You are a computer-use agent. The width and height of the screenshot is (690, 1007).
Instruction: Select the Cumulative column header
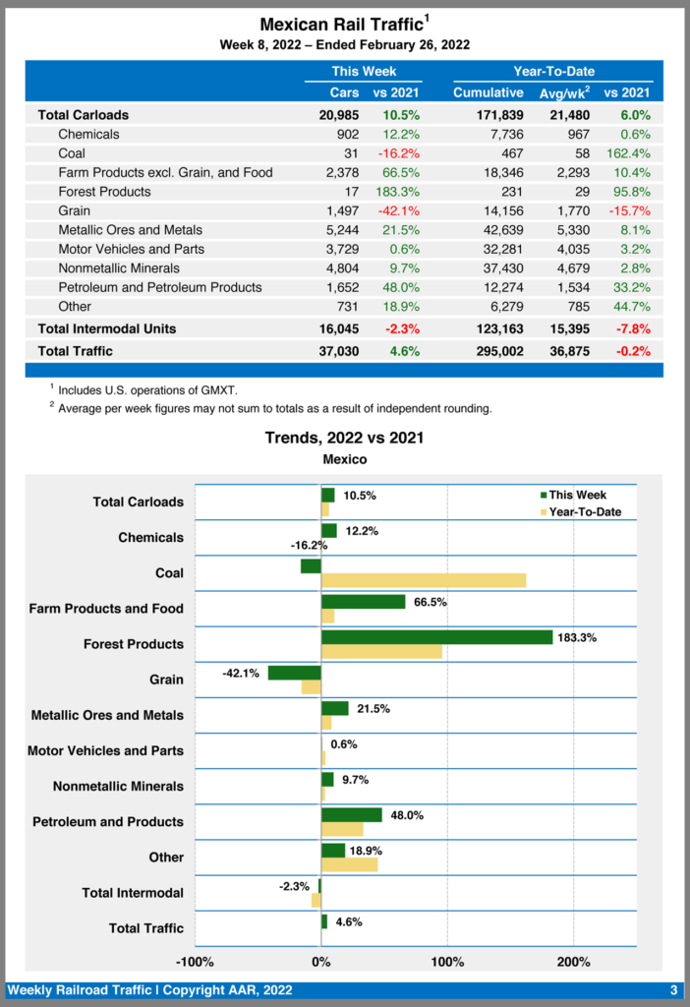pyautogui.click(x=488, y=92)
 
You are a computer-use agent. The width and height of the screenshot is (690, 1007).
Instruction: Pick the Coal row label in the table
pyautogui.click(x=72, y=153)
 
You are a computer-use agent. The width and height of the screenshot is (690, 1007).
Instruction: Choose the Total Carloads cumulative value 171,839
pyautogui.click(x=489, y=115)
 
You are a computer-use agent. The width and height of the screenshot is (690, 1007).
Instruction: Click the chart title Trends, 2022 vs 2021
pyautogui.click(x=344, y=438)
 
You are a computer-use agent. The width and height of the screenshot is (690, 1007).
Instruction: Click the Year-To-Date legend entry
pyautogui.click(x=584, y=511)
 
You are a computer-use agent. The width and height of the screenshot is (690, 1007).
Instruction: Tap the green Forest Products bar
pyautogui.click(x=436, y=637)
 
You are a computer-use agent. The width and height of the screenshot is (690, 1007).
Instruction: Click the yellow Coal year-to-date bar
pyautogui.click(x=424, y=580)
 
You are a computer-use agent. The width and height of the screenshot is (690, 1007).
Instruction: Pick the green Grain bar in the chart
pyautogui.click(x=295, y=673)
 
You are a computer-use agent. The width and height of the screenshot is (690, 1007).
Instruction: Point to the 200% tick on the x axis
pyautogui.click(x=574, y=961)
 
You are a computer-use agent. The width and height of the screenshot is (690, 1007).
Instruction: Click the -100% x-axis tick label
pyautogui.click(x=195, y=961)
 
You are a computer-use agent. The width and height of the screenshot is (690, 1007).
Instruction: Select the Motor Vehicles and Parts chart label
pyautogui.click(x=105, y=750)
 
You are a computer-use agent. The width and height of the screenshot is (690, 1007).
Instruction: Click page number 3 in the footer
pyautogui.click(x=673, y=990)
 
